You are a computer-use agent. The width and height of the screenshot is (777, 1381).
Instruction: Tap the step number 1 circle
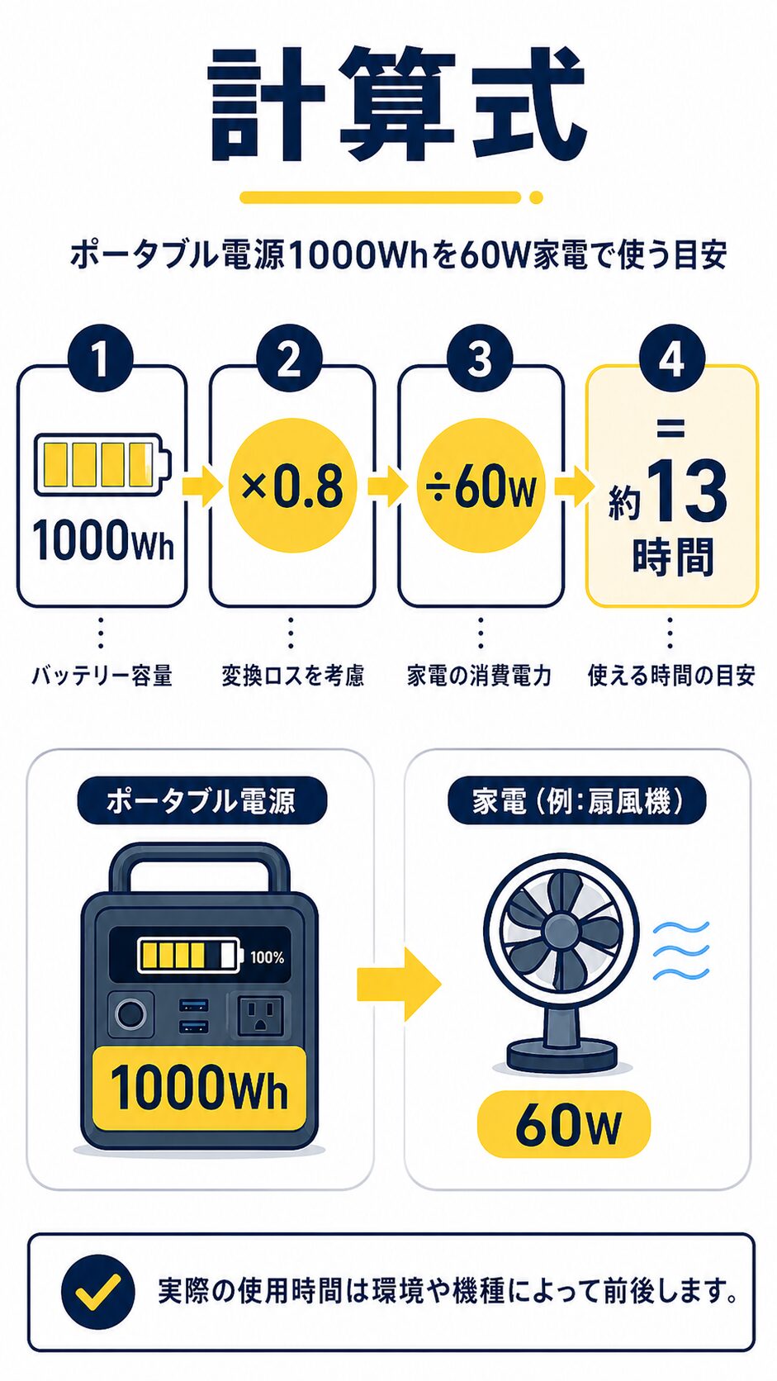pos(100,359)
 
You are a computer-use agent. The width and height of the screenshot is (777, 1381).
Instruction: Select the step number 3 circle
pos(480,359)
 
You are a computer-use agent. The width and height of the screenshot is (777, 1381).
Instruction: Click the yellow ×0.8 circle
pos(291,486)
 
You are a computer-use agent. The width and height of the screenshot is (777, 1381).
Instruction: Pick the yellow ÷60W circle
pos(481,486)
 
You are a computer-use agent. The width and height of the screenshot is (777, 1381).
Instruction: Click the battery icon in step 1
pos(102,464)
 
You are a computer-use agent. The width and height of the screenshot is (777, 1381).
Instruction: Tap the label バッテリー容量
pos(102,676)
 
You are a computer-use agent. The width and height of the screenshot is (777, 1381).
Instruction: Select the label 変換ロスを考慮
pos(292,676)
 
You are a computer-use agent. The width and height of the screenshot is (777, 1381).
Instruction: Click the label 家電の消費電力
pos(480,676)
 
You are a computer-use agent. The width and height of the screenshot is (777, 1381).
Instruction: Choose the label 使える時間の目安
pos(671,676)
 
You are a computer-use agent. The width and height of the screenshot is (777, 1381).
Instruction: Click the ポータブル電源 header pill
pos(201,800)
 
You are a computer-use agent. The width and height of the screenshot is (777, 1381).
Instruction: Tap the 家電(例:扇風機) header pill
pos(577,800)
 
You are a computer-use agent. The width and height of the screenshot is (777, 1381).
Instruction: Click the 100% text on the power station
pos(267,957)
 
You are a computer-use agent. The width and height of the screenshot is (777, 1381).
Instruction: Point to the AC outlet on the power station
pos(260,1015)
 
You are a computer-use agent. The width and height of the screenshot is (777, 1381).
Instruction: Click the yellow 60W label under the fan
pos(565,1124)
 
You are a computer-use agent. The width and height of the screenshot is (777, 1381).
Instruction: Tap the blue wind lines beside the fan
pos(681,951)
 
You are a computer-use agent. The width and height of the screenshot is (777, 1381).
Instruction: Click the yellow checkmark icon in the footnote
pos(97,1292)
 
